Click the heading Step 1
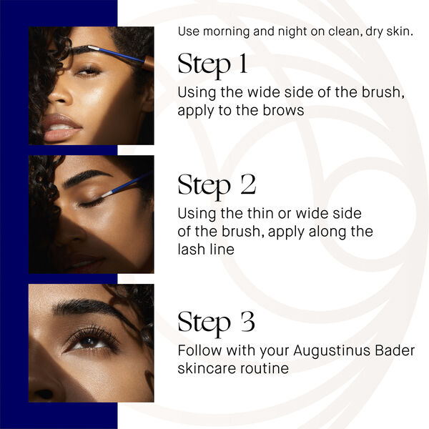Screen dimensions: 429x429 click(212, 64)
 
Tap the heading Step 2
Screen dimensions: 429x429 click(217, 184)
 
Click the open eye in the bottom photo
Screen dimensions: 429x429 click(89, 342)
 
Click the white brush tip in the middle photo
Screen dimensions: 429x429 click(108, 192)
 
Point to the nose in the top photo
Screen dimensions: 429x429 click(61, 97)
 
